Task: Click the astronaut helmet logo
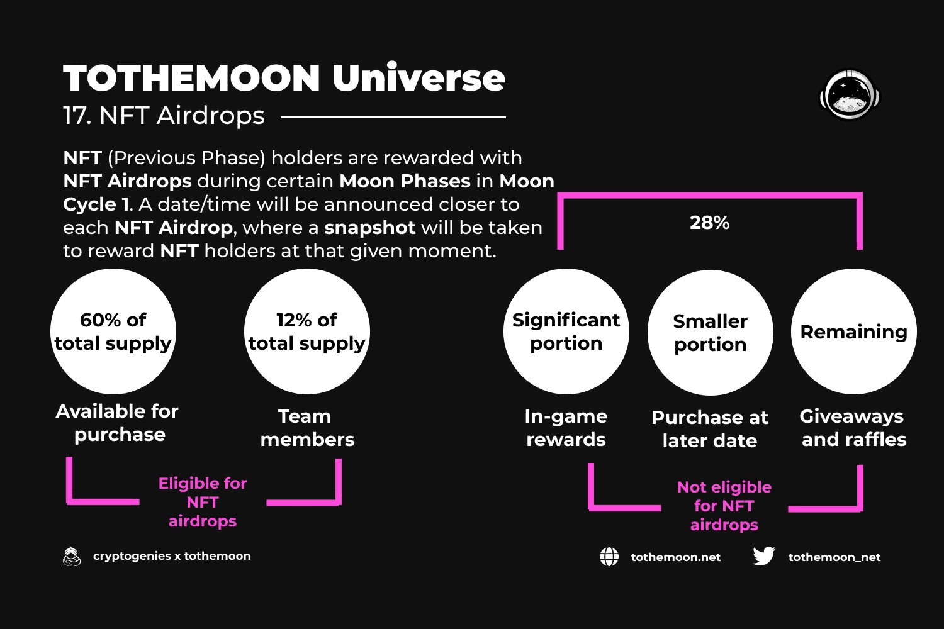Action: tap(850, 95)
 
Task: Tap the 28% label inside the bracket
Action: tap(710, 223)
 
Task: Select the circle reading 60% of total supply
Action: tap(113, 331)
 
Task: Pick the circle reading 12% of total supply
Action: tap(307, 331)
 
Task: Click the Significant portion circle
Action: tap(566, 331)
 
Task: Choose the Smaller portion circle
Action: tap(710, 333)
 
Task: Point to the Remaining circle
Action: tap(854, 331)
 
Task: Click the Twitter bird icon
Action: tap(763, 556)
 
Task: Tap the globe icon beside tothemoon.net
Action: tap(609, 557)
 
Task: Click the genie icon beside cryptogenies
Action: tap(72, 557)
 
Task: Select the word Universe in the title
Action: tap(419, 78)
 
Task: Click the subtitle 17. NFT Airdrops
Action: tap(164, 116)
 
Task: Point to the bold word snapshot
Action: tap(369, 228)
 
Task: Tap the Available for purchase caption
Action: tap(117, 423)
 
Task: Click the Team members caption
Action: tap(307, 428)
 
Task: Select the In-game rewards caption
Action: tap(566, 428)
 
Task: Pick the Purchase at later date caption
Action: tap(710, 430)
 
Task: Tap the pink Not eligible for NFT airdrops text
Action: tap(724, 506)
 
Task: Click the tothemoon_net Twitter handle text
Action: tap(834, 557)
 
